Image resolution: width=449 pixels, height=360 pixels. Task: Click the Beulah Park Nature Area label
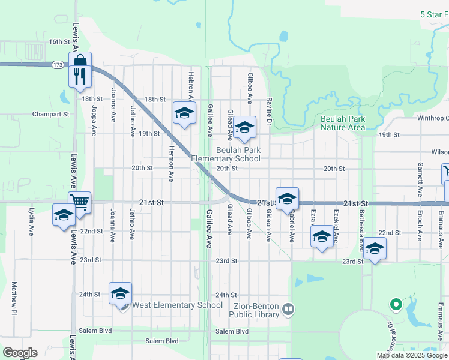click(343, 123)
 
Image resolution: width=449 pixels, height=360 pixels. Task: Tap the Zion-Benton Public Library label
click(255, 310)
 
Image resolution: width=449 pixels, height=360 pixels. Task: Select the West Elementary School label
click(177, 305)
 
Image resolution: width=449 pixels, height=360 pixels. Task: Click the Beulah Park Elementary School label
click(226, 154)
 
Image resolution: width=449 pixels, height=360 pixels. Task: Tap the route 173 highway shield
click(58, 64)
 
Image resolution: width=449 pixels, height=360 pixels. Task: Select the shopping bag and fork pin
click(80, 69)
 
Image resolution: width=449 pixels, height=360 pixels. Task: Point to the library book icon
click(289, 310)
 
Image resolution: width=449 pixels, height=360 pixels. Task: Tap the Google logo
click(19, 353)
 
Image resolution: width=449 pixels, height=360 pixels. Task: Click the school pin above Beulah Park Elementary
click(244, 128)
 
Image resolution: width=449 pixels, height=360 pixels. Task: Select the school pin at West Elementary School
click(120, 294)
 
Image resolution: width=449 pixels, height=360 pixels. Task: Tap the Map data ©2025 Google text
click(412, 355)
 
